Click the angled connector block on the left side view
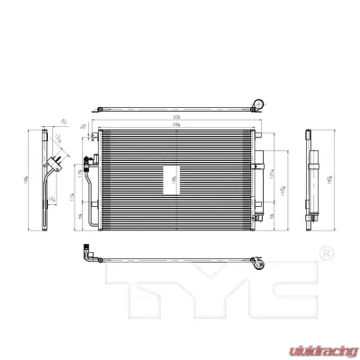pos(59,162)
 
